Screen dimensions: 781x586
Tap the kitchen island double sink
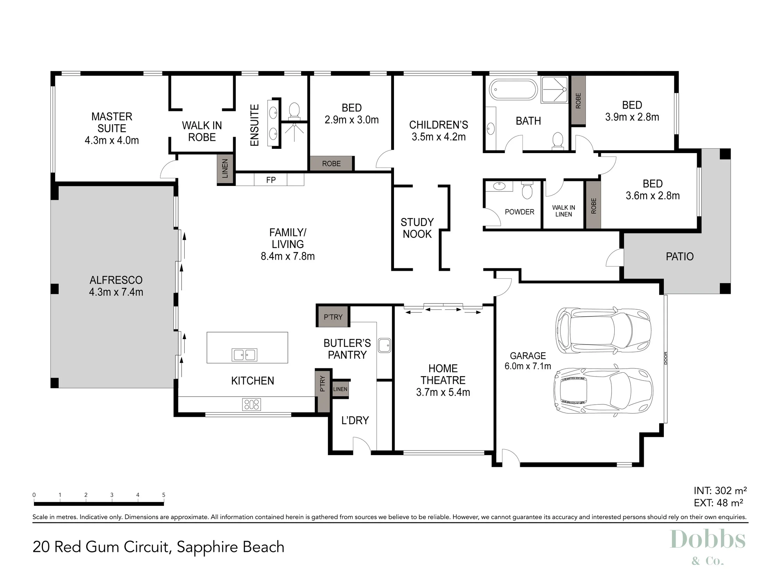tap(244, 355)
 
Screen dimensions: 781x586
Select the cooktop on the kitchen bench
tap(251, 404)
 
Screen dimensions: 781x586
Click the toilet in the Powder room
tap(527, 190)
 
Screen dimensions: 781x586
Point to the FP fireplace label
tap(271, 180)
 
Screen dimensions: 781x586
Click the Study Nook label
tap(417, 228)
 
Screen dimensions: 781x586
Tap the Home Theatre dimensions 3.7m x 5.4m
tap(443, 392)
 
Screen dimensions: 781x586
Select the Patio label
tap(679, 257)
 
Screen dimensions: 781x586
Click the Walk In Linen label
tap(563, 211)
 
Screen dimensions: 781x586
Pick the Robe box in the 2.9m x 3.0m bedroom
tap(332, 164)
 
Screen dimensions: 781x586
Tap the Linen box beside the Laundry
tap(340, 389)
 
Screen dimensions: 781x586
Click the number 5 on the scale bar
tap(164, 495)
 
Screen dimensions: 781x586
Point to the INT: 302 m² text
tap(720, 491)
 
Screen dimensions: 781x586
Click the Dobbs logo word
tap(708, 540)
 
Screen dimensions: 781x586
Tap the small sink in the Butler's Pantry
tap(384, 345)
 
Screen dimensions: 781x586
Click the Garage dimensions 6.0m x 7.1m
tap(528, 366)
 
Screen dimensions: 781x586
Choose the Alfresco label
tap(116, 280)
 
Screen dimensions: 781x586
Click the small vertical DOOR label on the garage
tap(665, 358)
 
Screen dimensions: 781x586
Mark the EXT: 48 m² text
tap(718, 503)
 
